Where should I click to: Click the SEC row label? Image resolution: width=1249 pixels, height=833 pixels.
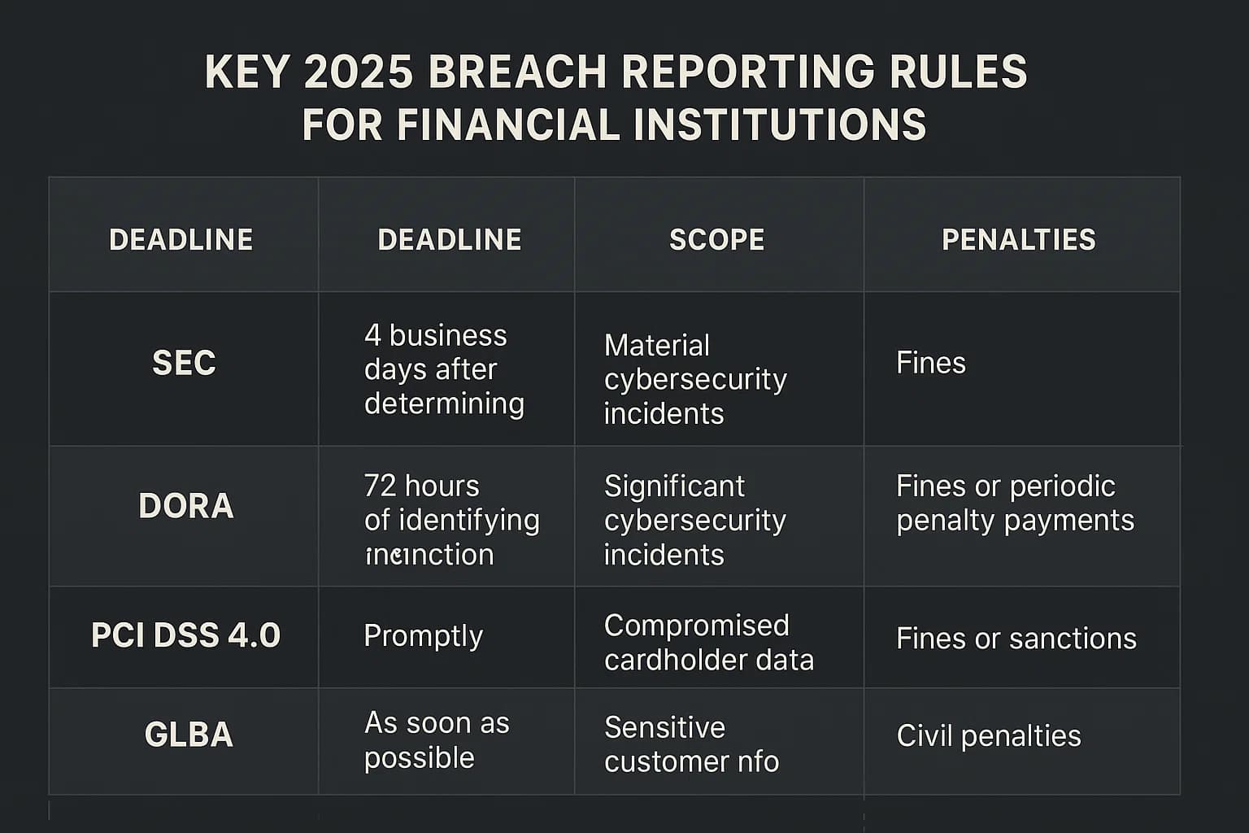click(x=184, y=363)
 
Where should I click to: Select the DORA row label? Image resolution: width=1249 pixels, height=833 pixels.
click(x=186, y=506)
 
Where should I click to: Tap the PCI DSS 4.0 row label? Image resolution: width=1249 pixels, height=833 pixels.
click(x=185, y=635)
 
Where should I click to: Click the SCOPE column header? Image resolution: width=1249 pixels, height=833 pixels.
click(x=716, y=240)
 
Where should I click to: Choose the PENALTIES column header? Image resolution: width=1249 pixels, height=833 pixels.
click(x=1018, y=240)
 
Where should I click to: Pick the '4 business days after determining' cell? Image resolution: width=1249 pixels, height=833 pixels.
click(x=444, y=369)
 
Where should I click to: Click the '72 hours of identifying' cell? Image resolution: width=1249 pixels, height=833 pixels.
click(x=451, y=520)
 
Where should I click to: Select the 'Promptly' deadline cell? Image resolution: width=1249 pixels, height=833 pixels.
click(x=423, y=636)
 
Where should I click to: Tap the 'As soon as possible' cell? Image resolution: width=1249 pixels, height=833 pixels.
click(x=437, y=740)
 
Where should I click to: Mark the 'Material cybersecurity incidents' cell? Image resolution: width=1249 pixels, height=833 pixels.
click(x=695, y=379)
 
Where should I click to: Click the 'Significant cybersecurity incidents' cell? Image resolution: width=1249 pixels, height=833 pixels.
click(x=695, y=520)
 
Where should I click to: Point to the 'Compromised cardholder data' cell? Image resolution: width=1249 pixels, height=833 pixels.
click(x=708, y=643)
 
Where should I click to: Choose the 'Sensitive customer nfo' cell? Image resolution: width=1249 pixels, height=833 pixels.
click(x=691, y=744)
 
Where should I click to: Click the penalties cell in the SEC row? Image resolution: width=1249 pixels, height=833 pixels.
click(x=931, y=363)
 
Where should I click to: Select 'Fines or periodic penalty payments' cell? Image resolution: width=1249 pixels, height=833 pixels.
click(x=1015, y=503)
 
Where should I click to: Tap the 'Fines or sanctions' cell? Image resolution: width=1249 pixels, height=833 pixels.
click(x=1016, y=639)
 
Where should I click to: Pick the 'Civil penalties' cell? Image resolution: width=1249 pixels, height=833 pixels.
click(x=989, y=736)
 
